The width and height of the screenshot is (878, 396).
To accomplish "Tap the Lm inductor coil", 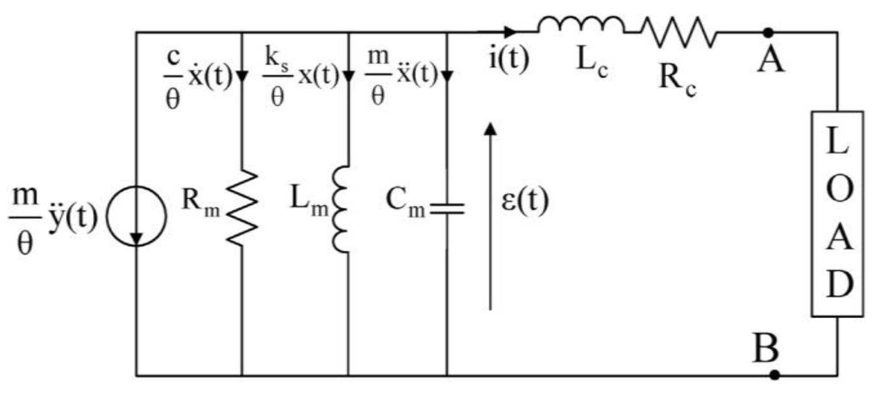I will tap(341, 209).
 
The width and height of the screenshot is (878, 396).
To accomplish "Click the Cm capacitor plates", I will tap(447, 209).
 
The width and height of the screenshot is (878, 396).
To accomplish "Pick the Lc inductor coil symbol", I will tap(581, 25).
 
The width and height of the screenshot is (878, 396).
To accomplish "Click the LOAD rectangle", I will tap(837, 214).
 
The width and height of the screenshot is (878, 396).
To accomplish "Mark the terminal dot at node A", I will tap(768, 32).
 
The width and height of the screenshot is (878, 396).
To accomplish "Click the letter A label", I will tap(771, 60).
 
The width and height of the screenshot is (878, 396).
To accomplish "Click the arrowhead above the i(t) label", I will tap(509, 32).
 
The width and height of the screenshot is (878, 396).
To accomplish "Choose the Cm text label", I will tap(405, 202).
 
